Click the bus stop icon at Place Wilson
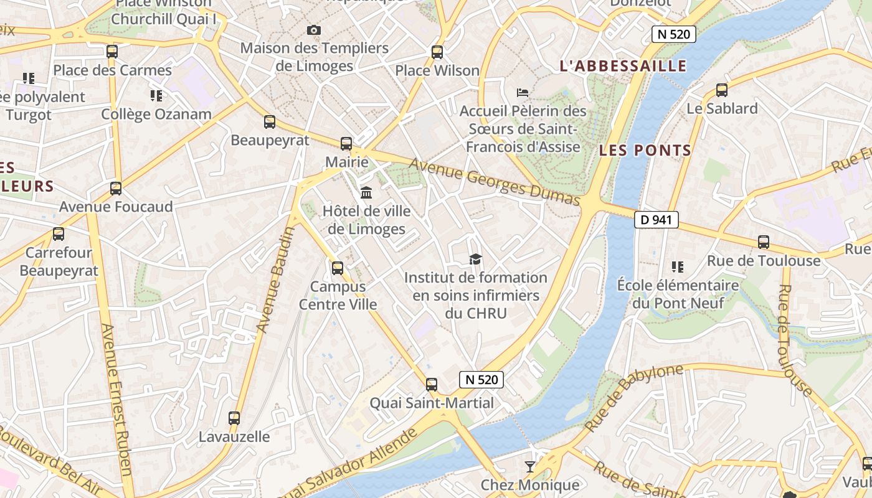pyautogui.click(x=437, y=52)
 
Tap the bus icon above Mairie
pyautogui.click(x=346, y=144)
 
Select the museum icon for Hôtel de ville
pyautogui.click(x=366, y=192)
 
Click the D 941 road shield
pyautogui.click(x=656, y=219)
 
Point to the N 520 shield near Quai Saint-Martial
pyautogui.click(x=481, y=379)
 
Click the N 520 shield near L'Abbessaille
pyautogui.click(x=673, y=34)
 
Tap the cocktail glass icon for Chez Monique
pyautogui.click(x=529, y=466)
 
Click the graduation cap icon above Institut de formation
pyautogui.click(x=475, y=259)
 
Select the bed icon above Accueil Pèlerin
pyautogui.click(x=523, y=93)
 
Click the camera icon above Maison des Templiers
pyautogui.click(x=314, y=30)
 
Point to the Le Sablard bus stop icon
pyautogui.click(x=722, y=90)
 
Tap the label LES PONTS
pyautogui.click(x=645, y=150)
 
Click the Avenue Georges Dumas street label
pyautogui.click(x=495, y=181)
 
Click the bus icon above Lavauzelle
pyautogui.click(x=234, y=418)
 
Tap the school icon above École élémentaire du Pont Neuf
pyautogui.click(x=678, y=267)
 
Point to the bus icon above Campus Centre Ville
pyautogui.click(x=338, y=268)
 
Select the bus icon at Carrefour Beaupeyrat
pyautogui.click(x=59, y=234)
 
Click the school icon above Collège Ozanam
pyautogui.click(x=156, y=96)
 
